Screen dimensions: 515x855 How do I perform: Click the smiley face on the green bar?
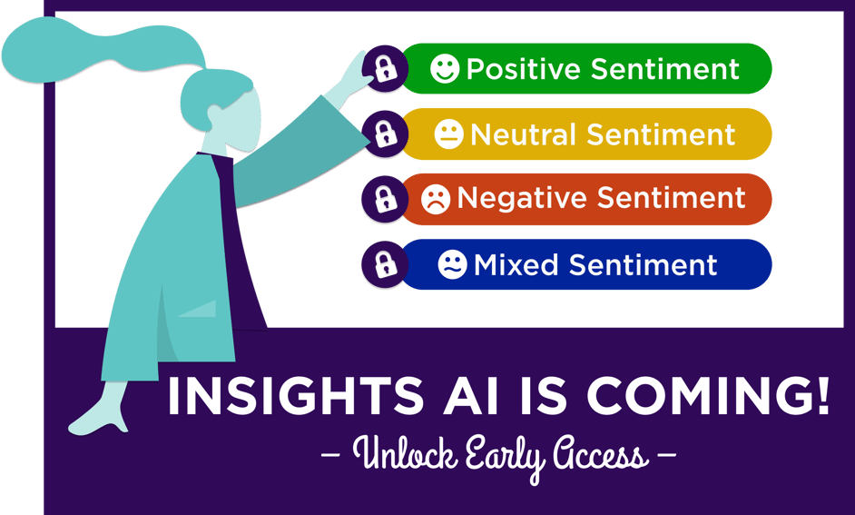[x=444, y=69]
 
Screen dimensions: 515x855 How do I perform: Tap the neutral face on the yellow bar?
[x=448, y=135]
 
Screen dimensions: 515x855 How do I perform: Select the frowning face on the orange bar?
[x=436, y=199]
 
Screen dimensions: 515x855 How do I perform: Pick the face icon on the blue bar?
[x=451, y=265]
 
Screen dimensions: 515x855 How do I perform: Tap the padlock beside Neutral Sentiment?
[x=384, y=134]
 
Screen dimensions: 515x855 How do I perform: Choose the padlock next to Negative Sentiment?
[x=384, y=199]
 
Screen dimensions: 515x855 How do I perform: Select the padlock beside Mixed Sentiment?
[x=384, y=265]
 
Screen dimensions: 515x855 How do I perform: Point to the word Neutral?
[x=523, y=135]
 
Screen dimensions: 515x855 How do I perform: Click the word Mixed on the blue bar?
[x=516, y=265]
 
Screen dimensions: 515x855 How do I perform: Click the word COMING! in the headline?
[x=708, y=397]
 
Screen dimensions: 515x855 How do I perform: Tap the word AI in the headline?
[x=471, y=397]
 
